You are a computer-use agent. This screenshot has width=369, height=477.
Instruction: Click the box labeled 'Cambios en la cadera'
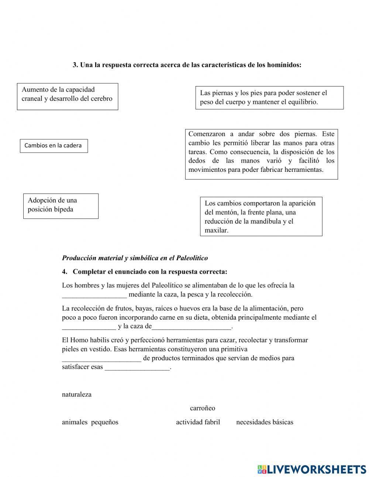coord(54,146)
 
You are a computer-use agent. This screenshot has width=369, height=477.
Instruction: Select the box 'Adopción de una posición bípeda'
coord(61,206)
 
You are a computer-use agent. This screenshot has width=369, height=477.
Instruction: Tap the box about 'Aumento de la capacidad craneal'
coord(68,96)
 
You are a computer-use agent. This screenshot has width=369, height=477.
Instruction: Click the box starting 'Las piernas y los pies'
coord(269,98)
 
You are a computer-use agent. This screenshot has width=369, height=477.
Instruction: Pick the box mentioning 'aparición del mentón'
coord(261,217)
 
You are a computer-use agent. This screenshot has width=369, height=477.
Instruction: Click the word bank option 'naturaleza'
coord(77,394)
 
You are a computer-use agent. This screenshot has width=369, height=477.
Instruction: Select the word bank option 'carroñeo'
coord(202,408)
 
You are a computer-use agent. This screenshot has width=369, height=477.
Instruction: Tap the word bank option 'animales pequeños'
coord(90,422)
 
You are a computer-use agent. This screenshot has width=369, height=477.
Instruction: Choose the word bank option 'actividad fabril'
coord(198,422)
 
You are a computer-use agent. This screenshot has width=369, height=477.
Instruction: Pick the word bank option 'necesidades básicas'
coord(265,422)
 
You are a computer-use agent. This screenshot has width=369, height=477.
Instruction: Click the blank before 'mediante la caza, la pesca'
coord(94,294)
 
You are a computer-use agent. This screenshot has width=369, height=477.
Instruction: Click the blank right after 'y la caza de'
coord(192,326)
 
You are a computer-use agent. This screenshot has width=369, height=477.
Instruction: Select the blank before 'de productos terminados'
coord(101,358)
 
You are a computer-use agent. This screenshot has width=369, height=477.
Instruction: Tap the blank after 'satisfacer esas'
coord(137,367)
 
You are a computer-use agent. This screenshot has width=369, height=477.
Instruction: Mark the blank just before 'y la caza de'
coord(89,326)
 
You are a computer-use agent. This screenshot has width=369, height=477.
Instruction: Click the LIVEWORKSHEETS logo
coord(311,469)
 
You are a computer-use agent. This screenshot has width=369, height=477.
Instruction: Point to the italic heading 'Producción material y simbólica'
coord(135,258)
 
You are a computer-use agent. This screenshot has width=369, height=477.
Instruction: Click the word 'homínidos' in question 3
coord(284,65)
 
